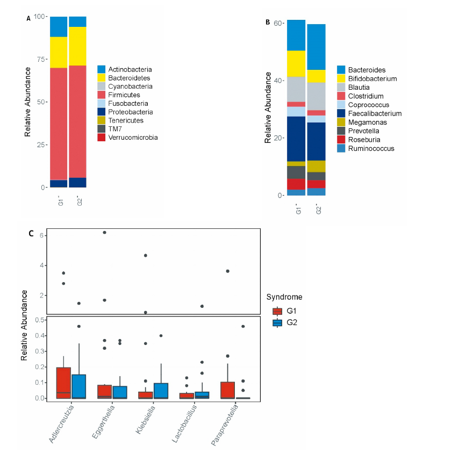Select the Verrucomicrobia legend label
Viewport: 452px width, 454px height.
[133, 138]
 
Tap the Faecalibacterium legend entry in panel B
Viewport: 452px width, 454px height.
[375, 114]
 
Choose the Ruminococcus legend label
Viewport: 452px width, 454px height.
[371, 148]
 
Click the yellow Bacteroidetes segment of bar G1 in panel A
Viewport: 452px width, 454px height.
[59, 52]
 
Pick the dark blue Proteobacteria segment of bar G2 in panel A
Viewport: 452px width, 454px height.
[77, 182]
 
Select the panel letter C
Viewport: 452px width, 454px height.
[31, 234]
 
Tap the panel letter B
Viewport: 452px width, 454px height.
[268, 23]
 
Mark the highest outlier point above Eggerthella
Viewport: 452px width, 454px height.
[104, 233]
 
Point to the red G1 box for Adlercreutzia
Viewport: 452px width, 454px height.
[63, 383]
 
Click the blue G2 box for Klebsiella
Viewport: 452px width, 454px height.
[161, 391]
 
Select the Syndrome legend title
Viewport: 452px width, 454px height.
[284, 297]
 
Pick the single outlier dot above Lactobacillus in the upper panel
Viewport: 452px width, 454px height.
[202, 306]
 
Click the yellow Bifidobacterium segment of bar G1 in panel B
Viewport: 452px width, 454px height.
[296, 63]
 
